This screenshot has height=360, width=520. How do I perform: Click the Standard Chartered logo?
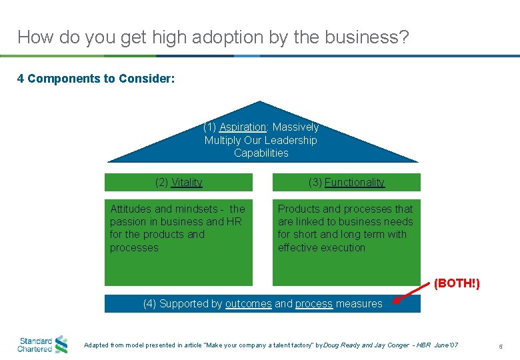(43, 344)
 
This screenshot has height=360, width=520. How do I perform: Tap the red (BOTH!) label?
(457, 283)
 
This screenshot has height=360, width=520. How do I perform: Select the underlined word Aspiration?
(243, 127)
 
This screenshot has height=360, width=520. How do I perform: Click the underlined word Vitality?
(187, 182)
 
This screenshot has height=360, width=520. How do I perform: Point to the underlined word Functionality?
(355, 182)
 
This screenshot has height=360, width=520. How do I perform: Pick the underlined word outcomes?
(248, 303)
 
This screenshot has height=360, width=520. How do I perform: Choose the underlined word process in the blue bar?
(313, 303)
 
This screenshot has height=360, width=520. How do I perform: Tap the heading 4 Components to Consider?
(96, 79)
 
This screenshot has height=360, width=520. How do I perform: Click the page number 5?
(501, 345)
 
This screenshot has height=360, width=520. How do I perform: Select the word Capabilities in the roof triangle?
(261, 153)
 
